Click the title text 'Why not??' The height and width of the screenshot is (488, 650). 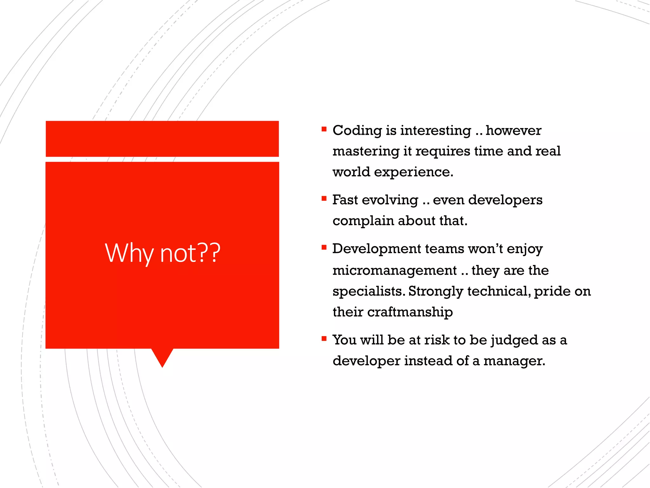[162, 253]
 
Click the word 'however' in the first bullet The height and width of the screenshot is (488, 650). [513, 131]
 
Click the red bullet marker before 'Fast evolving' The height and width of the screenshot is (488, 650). [324, 199]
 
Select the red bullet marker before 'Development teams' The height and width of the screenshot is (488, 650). [324, 247]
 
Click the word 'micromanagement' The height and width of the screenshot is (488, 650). [395, 270]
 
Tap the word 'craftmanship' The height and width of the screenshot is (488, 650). [410, 312]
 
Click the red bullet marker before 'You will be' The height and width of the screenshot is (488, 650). [324, 339]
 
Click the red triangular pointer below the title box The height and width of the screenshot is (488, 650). [162, 356]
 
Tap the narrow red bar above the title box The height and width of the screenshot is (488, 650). [162, 139]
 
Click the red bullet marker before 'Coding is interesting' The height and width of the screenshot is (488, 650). [324, 129]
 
